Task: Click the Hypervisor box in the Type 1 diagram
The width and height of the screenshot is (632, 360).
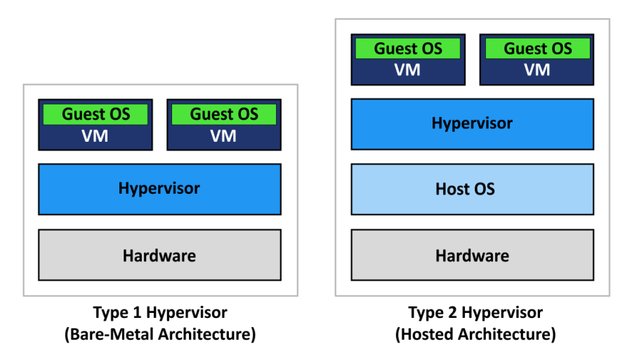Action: click(x=159, y=189)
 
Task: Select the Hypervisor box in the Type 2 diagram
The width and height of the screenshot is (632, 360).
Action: click(x=472, y=124)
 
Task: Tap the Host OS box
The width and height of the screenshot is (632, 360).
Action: click(x=472, y=189)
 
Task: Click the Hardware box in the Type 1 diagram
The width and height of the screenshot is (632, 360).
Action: click(x=159, y=255)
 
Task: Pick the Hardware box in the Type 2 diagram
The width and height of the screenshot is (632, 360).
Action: click(x=472, y=255)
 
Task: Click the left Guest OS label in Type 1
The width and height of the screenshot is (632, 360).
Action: click(x=96, y=114)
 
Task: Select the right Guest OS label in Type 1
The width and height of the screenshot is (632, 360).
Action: click(x=224, y=114)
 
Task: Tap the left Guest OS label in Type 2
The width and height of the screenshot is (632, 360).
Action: click(x=408, y=49)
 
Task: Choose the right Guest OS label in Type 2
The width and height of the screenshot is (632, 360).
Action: click(x=537, y=49)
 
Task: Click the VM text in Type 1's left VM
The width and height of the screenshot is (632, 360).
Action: click(x=96, y=136)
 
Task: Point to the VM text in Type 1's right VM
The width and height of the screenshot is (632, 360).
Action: click(x=224, y=136)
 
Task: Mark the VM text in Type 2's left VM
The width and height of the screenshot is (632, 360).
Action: click(x=408, y=70)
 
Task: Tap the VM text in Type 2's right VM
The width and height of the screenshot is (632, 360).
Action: click(x=537, y=70)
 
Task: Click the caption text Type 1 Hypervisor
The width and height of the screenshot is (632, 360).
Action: click(x=160, y=312)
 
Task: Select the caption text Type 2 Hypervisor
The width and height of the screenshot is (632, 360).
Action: click(x=475, y=312)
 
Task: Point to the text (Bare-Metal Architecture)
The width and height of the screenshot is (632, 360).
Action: click(x=160, y=334)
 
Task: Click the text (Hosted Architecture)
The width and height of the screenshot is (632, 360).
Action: click(x=475, y=334)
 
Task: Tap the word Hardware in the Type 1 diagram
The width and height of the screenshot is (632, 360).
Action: click(x=159, y=255)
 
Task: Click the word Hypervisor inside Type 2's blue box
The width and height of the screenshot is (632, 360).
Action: click(x=472, y=124)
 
